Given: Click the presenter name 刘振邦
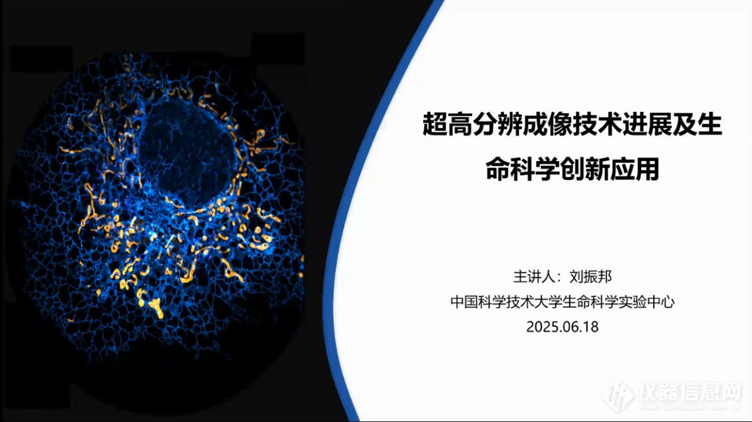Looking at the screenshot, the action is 590,277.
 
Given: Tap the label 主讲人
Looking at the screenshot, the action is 534,277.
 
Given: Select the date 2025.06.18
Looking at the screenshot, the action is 562,327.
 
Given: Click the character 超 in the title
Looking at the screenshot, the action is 435,124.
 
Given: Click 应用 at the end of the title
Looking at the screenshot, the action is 635,169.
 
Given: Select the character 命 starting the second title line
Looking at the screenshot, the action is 498,169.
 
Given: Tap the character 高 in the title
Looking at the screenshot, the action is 460,124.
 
